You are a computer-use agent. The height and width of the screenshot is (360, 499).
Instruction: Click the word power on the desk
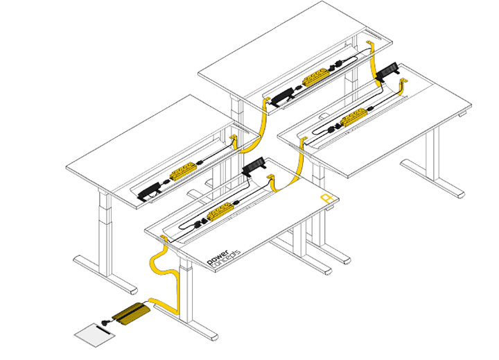[x=218, y=257]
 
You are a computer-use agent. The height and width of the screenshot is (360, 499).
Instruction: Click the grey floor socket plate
[x=95, y=335]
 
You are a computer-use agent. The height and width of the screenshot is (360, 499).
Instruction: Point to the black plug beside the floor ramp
[x=105, y=323]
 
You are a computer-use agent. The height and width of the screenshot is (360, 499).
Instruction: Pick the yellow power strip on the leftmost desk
[x=182, y=172]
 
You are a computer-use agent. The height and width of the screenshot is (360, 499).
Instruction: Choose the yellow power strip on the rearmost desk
[x=315, y=77]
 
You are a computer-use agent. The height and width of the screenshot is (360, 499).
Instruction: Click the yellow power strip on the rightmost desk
[x=354, y=117]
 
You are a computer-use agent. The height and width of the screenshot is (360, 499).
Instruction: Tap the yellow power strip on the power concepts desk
[x=220, y=212]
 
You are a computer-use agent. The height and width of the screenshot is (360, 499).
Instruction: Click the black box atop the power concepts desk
[x=254, y=166]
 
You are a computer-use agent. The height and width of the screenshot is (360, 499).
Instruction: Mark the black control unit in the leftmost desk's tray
[x=149, y=193]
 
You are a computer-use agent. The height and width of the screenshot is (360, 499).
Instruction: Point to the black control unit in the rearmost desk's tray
[x=282, y=96]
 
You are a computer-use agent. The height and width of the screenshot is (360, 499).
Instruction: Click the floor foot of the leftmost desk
[x=105, y=274]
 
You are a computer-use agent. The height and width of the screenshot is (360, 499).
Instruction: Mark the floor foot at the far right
[x=432, y=179]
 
